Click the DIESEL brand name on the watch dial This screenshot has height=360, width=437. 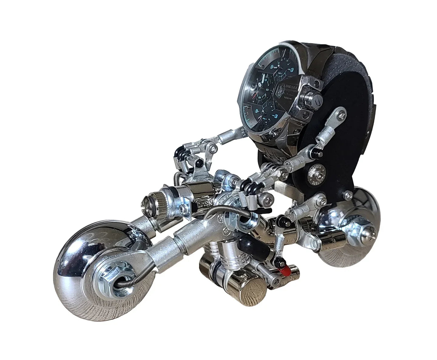(287, 86)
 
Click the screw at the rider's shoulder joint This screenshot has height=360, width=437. (342, 115)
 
